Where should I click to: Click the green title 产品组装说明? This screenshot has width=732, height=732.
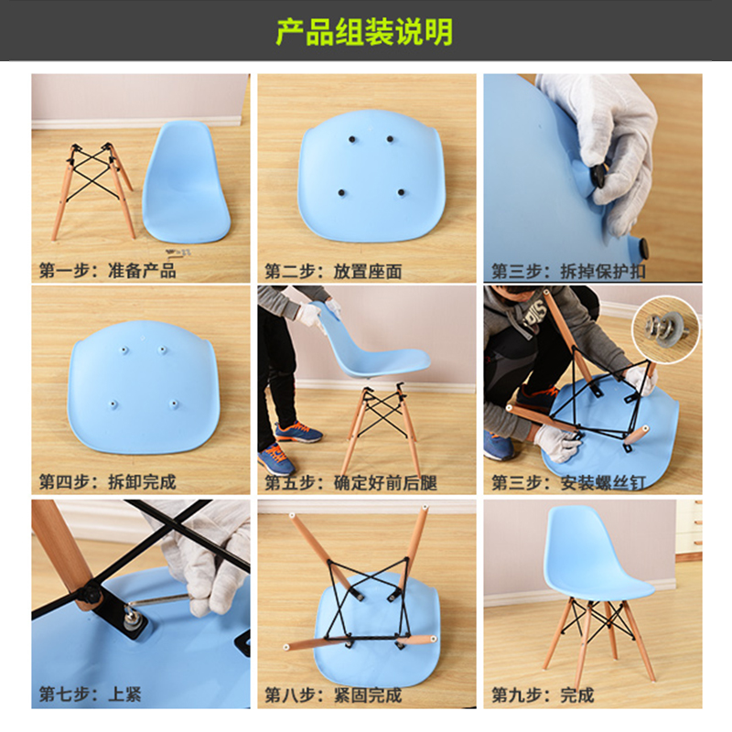364,32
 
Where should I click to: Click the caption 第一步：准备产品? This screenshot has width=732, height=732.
107,270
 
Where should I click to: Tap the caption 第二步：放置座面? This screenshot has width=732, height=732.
333,271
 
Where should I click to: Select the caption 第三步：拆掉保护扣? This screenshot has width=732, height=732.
568,271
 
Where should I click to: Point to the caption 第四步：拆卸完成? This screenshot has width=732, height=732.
107,482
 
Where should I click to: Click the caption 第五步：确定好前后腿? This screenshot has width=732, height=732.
350,483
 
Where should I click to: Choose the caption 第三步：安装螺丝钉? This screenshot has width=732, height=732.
568,483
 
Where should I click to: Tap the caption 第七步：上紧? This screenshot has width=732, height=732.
90,694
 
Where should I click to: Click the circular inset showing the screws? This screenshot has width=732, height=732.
666,329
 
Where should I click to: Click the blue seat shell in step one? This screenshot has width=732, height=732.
186,182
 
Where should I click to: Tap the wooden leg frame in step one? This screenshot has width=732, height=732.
92,191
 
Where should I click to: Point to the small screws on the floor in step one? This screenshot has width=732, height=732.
178,253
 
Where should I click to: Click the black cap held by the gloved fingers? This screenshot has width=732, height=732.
598,175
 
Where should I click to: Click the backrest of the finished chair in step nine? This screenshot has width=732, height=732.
579,542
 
